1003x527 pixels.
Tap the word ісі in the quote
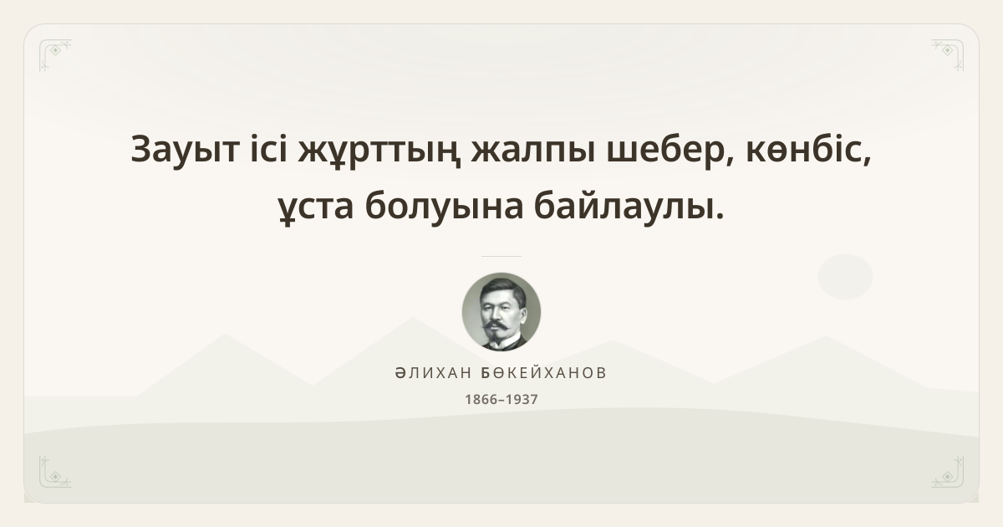pos(268,148)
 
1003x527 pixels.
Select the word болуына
pos(444,206)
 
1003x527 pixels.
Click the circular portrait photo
pos(501,312)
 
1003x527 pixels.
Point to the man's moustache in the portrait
pos(498,325)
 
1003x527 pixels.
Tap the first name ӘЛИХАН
pos(434,373)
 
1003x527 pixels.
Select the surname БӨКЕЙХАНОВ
pos(543,373)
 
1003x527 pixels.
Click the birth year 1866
pos(481,399)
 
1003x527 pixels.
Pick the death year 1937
pos(522,399)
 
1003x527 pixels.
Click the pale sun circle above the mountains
pos(845,277)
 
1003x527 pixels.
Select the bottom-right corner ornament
pos(948,472)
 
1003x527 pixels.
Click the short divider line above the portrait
pos(501,256)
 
